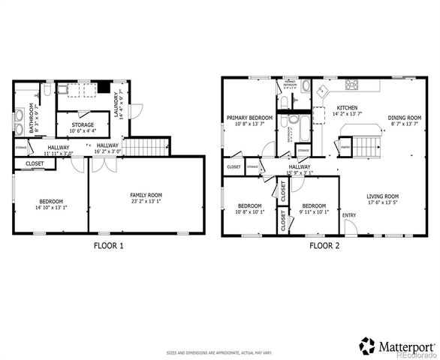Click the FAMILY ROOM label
[x=146, y=196]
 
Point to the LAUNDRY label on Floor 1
[x=117, y=101]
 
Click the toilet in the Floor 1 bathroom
[x=45, y=90]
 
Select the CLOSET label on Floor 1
[x=35, y=163]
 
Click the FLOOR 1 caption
[x=109, y=245]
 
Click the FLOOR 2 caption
[x=324, y=245]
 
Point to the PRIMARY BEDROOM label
[x=249, y=118]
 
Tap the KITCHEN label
[x=347, y=107]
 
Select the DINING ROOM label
[x=405, y=118]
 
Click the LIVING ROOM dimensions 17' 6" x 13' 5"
[x=382, y=202]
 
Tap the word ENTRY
[x=349, y=215]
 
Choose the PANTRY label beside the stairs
[x=345, y=148]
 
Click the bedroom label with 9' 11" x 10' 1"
[x=313, y=205]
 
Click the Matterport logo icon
[x=367, y=346]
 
